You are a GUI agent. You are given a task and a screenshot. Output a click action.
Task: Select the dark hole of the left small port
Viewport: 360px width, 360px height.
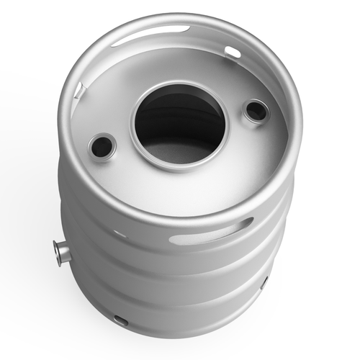coord(102,147)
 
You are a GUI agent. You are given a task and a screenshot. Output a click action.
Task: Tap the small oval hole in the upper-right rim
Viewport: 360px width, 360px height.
coord(232,52)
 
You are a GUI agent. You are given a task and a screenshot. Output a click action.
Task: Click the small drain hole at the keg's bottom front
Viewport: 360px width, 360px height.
coord(121,319)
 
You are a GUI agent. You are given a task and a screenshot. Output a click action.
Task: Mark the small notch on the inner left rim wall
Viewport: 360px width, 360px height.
coord(81,91)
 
